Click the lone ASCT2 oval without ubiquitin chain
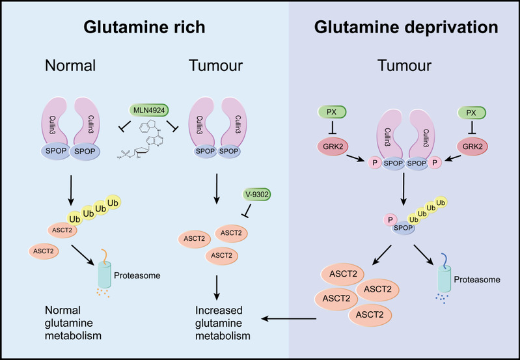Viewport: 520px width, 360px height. [44, 251]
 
